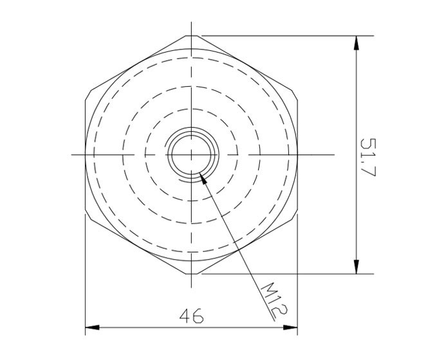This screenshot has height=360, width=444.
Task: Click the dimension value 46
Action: point(191,316)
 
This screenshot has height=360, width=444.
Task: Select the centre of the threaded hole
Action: point(192,155)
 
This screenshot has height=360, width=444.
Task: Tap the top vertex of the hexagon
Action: point(192,36)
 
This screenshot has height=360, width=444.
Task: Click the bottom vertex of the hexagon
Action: point(192,274)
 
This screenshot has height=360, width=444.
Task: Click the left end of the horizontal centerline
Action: point(71,155)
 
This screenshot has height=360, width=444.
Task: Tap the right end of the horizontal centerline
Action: point(335,155)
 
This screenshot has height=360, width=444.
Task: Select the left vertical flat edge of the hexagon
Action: point(86,155)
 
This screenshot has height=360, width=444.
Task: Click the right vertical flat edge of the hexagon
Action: point(298,155)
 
